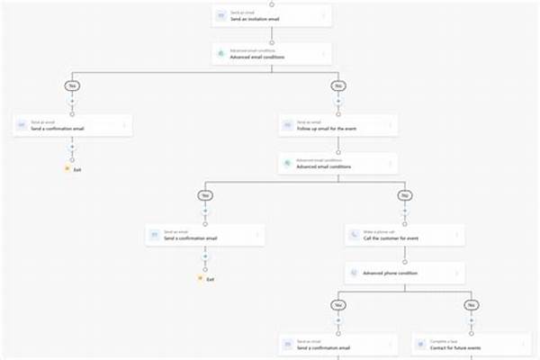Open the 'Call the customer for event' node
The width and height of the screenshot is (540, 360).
[x=405, y=235]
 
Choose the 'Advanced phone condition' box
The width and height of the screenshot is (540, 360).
[x=405, y=272]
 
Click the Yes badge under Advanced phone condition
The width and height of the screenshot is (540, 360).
[x=338, y=306]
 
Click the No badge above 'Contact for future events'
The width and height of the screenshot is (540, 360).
[x=472, y=306]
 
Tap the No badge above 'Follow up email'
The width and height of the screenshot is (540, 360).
[x=338, y=86]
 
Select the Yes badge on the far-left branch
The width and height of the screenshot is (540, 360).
[x=72, y=86]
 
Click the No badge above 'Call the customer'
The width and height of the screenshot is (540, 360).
[x=405, y=195]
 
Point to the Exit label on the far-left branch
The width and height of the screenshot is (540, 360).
[x=77, y=168]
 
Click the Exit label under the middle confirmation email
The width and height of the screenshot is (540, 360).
[x=210, y=279]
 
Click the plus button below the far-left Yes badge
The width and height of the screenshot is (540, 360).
[x=72, y=102]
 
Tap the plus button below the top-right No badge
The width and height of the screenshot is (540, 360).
[x=338, y=102]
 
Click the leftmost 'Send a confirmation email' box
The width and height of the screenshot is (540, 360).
[x=73, y=125]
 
